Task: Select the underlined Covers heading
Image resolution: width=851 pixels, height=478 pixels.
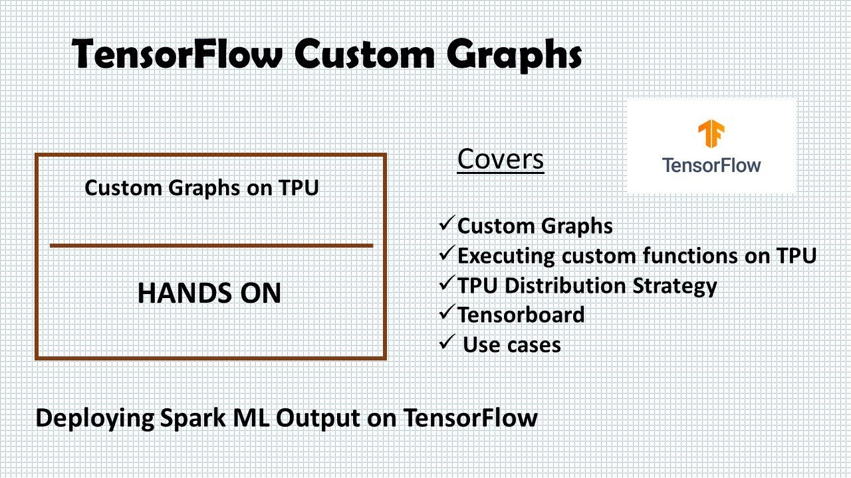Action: pyautogui.click(x=501, y=159)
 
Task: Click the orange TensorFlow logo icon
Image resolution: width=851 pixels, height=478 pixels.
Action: pyautogui.click(x=711, y=133)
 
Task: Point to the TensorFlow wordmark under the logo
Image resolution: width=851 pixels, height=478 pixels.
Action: pyautogui.click(x=711, y=165)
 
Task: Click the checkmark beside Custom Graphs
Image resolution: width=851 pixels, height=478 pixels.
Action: pyautogui.click(x=447, y=223)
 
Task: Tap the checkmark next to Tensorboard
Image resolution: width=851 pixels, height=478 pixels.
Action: pyautogui.click(x=447, y=312)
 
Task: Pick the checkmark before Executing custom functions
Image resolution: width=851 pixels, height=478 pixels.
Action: pyautogui.click(x=447, y=253)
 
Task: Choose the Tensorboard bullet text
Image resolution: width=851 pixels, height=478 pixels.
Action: pyautogui.click(x=521, y=315)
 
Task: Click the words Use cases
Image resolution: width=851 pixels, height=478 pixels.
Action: pyautogui.click(x=512, y=345)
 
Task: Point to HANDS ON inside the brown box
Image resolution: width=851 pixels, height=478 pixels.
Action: pyautogui.click(x=209, y=293)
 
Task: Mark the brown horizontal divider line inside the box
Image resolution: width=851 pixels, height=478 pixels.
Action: pyautogui.click(x=211, y=246)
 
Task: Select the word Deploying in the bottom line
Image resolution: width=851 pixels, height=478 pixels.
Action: pyautogui.click(x=95, y=419)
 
